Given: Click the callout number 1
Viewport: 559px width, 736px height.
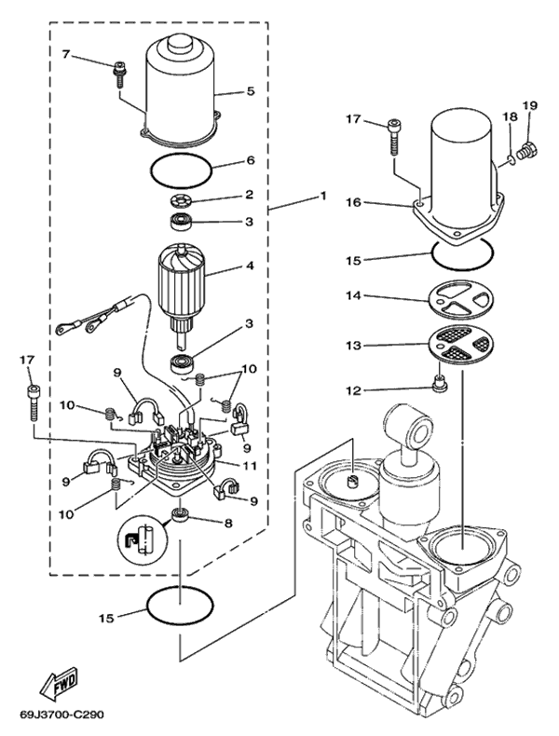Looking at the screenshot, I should point(322,197).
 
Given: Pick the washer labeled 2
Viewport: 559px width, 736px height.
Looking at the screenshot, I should point(179,202).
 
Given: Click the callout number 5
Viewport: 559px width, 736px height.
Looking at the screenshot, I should point(250,91).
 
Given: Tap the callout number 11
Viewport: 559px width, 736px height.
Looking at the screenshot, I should point(249,465).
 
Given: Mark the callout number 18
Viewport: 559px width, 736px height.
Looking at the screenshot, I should point(510,116).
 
